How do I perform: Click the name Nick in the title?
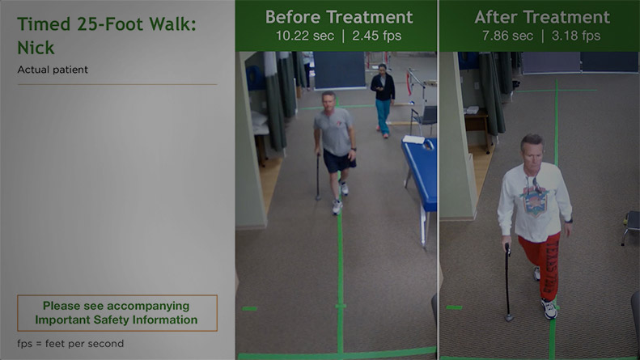tap(36, 48)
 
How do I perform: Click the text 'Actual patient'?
tap(53, 70)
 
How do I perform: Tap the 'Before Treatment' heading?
tap(338, 17)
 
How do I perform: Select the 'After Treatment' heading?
tap(541, 17)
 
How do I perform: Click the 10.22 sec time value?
tap(300, 36)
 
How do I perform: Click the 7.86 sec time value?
tap(506, 36)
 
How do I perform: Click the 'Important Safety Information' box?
tap(117, 313)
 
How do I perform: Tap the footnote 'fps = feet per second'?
tap(70, 344)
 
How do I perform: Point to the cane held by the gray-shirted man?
tap(317, 176)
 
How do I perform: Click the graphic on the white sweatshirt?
tap(535, 197)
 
